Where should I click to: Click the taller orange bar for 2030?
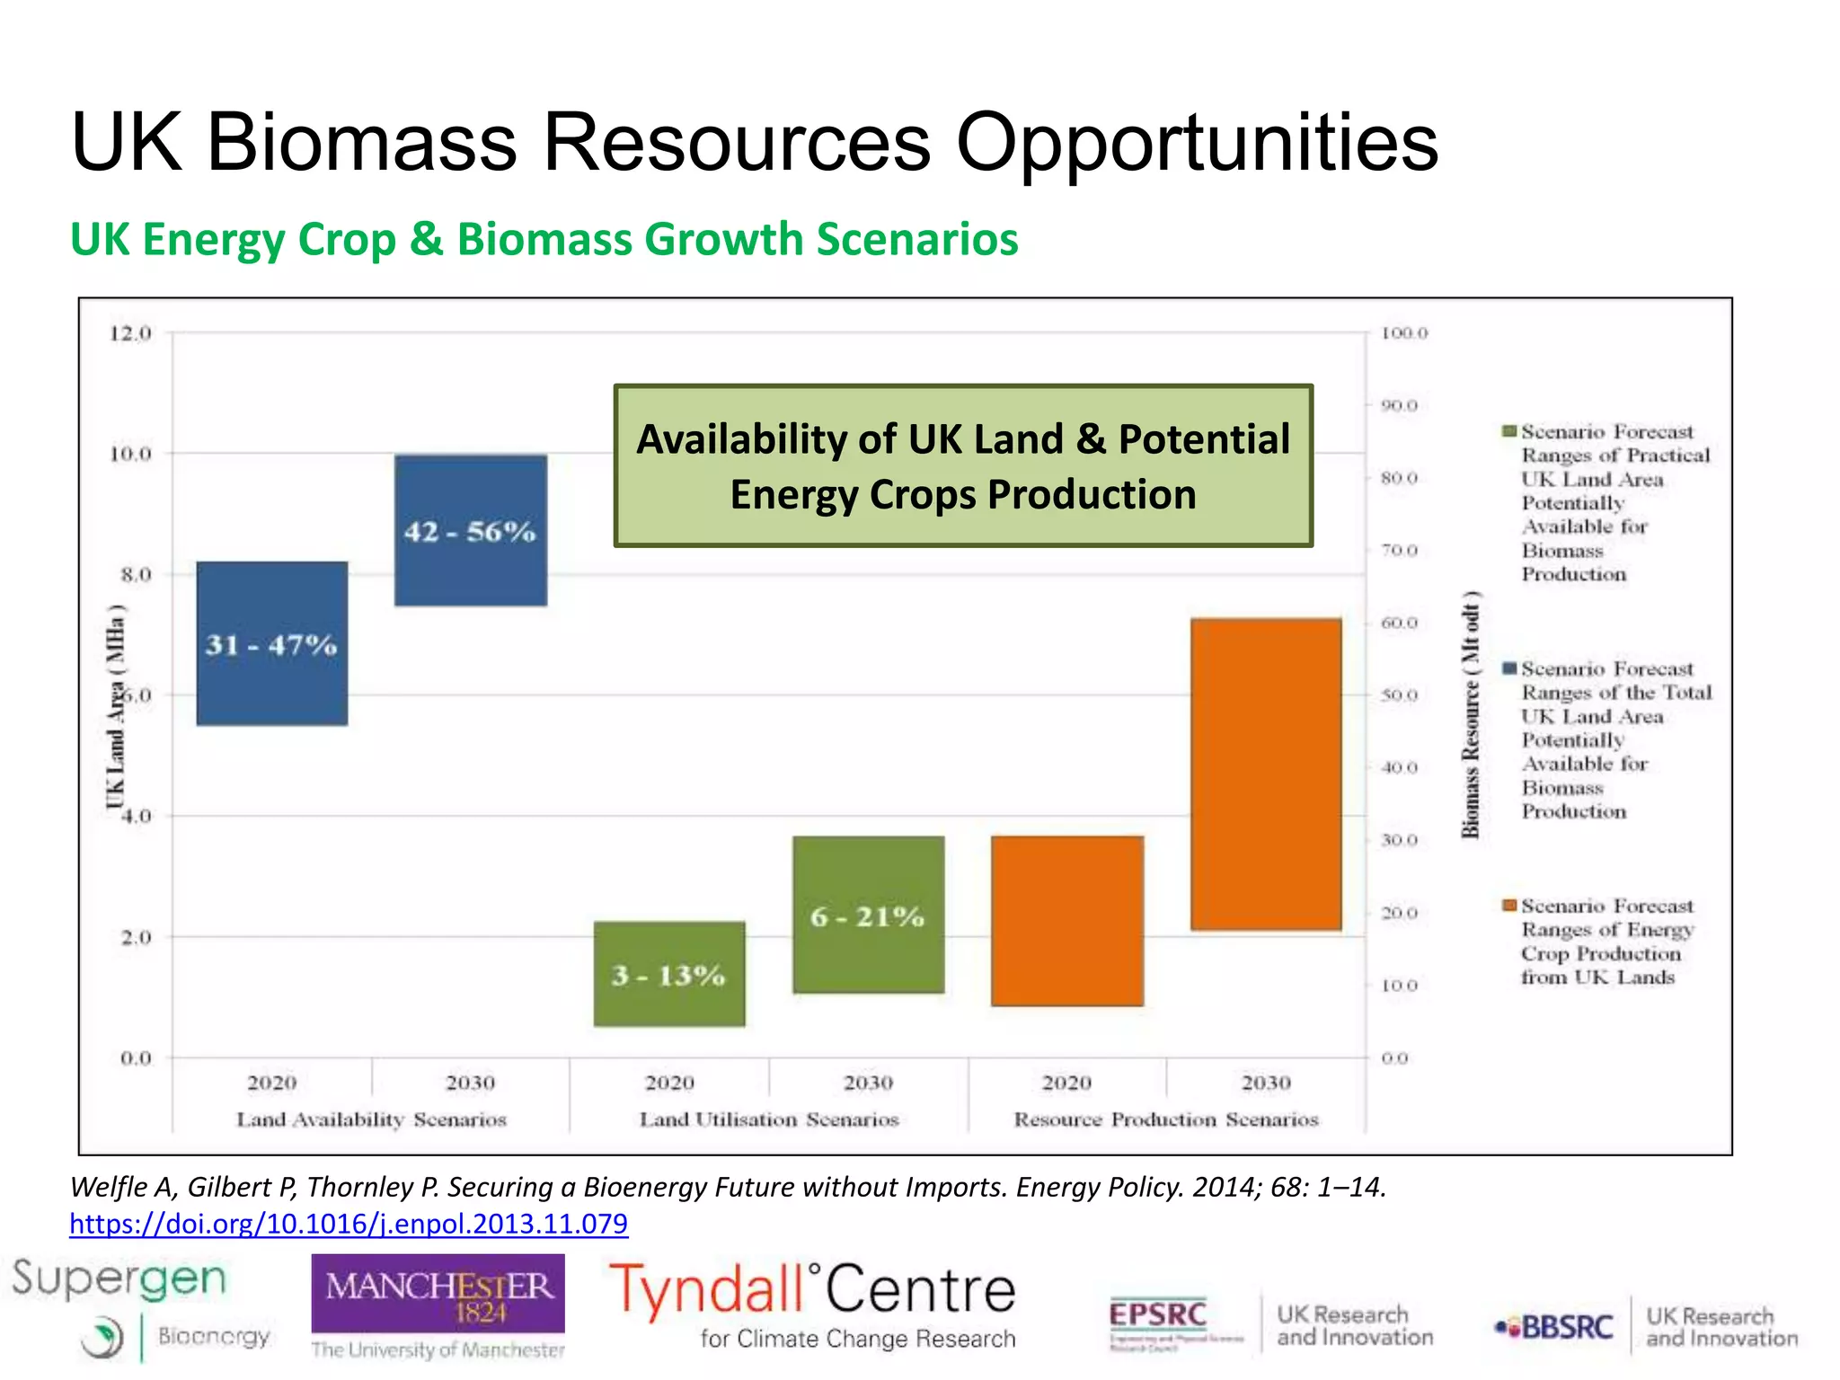(x=1266, y=774)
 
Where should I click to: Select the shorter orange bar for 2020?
(x=1067, y=921)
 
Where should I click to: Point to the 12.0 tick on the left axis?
(x=131, y=333)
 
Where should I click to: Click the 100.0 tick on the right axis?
(x=1404, y=333)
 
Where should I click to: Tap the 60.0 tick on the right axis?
(x=1400, y=623)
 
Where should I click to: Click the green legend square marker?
(x=1509, y=432)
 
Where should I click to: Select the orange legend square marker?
(x=1509, y=906)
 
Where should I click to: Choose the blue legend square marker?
(x=1509, y=668)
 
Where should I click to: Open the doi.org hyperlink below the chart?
(x=349, y=1224)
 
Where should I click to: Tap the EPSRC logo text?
(x=1157, y=1315)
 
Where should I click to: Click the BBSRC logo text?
(x=1567, y=1327)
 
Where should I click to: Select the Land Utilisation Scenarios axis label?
(x=769, y=1119)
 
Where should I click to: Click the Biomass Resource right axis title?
(x=1471, y=715)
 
